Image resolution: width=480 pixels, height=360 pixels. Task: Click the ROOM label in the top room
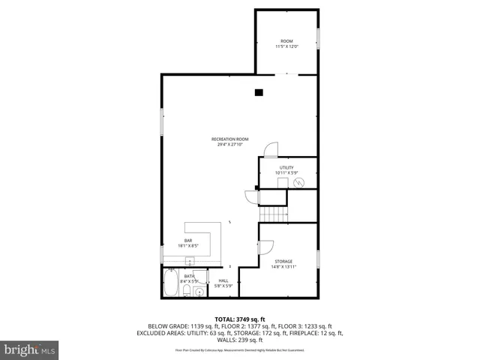pyautogui.click(x=286, y=40)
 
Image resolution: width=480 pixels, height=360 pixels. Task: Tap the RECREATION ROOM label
pyautogui.click(x=229, y=139)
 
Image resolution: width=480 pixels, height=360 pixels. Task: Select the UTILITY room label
pyautogui.click(x=286, y=168)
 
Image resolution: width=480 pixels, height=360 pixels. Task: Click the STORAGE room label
pyautogui.click(x=283, y=261)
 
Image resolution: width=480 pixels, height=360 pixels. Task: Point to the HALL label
pyautogui.click(x=223, y=280)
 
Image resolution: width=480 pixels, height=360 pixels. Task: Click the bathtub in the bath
pyautogui.click(x=171, y=285)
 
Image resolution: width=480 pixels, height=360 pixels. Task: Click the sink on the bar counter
pyautogui.click(x=190, y=261)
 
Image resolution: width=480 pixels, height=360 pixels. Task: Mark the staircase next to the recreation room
pyautogui.click(x=274, y=214)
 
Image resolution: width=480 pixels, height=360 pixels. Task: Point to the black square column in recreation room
pyautogui.click(x=259, y=93)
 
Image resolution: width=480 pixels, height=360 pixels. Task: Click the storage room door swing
pyautogui.click(x=266, y=246)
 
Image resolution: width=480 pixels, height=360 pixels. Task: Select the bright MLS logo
pyautogui.click(x=29, y=349)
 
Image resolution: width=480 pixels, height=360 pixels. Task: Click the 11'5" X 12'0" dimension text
pyautogui.click(x=286, y=46)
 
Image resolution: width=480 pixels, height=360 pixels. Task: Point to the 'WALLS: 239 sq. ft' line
pyautogui.click(x=240, y=340)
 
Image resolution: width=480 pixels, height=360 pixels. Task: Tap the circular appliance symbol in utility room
pyautogui.click(x=299, y=182)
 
